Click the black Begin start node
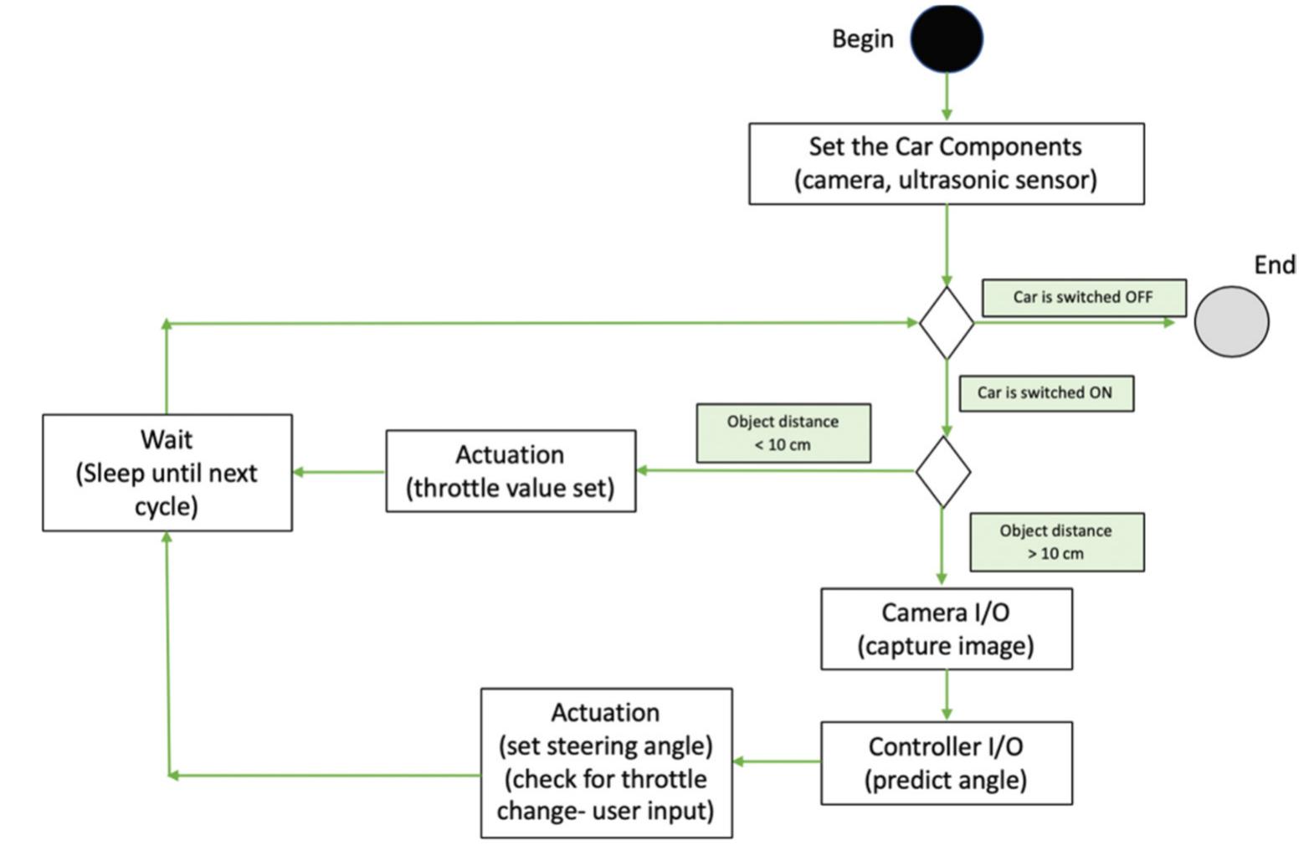click(x=947, y=38)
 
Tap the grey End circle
click(x=1231, y=322)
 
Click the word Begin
click(x=862, y=38)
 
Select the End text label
click(x=1274, y=265)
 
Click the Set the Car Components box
click(x=946, y=164)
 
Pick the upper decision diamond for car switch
click(x=947, y=323)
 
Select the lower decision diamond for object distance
click(x=943, y=472)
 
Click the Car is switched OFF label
click(x=1083, y=298)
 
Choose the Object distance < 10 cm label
click(x=783, y=433)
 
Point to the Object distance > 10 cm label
click(x=1056, y=542)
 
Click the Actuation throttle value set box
click(x=511, y=471)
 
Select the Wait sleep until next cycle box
click(x=167, y=473)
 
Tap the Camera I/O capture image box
click(x=946, y=629)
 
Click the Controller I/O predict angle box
click(x=946, y=763)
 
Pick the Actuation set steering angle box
click(x=606, y=762)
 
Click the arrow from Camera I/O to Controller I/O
click(x=947, y=695)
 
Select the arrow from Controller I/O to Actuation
click(x=777, y=761)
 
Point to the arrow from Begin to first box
click(x=947, y=97)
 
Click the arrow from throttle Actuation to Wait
click(x=339, y=472)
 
